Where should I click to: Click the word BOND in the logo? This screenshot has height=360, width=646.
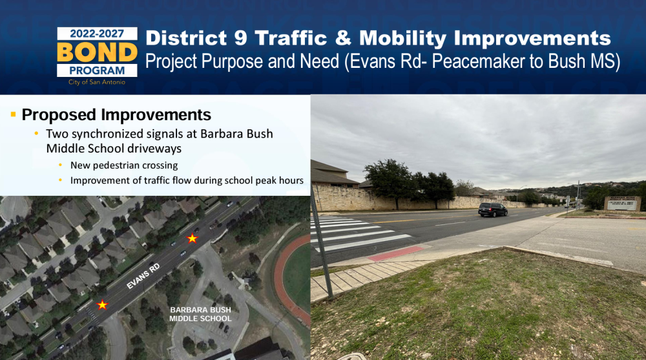click(97, 52)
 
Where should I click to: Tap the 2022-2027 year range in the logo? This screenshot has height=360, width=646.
click(97, 34)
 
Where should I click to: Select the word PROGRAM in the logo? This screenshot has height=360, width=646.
click(97, 70)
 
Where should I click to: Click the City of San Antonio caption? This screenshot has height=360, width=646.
click(97, 82)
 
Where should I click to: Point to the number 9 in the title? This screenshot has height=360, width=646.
click(240, 38)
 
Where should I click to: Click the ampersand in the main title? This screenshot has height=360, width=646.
click(343, 38)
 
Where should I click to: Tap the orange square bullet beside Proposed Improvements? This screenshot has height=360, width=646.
click(13, 114)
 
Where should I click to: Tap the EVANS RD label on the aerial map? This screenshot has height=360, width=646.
click(143, 276)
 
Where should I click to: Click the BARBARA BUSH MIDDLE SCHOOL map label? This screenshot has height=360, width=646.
click(201, 314)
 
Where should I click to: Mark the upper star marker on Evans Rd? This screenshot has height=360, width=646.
click(192, 238)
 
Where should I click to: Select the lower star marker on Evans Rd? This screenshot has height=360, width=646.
click(102, 305)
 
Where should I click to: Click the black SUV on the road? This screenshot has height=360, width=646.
click(493, 209)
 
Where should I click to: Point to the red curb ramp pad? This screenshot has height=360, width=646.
click(395, 253)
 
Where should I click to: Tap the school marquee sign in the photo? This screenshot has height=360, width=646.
click(622, 204)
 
